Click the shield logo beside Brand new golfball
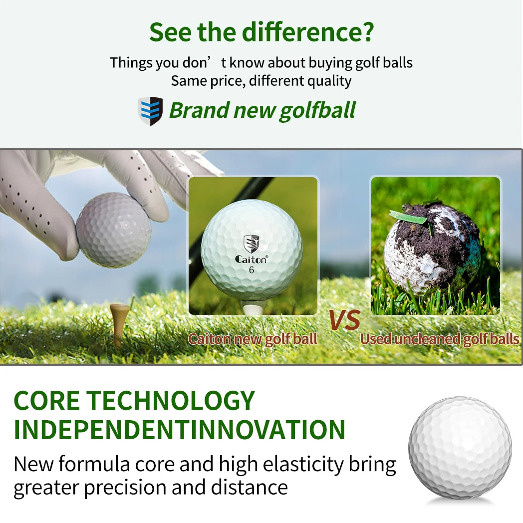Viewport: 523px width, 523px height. tap(150, 111)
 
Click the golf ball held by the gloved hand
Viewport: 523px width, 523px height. tap(113, 230)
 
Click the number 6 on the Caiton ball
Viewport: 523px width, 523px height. tap(251, 270)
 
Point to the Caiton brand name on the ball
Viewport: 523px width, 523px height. tap(251, 259)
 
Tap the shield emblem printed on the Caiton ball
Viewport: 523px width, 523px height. tap(252, 244)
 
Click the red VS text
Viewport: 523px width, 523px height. tap(344, 320)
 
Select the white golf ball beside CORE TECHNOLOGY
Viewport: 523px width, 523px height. tap(460, 448)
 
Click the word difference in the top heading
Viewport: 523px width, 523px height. tap(308, 31)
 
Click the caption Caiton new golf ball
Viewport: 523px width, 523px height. tap(253, 339)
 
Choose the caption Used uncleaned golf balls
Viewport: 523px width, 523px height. tap(440, 339)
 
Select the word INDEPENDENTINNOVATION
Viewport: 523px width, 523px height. tap(180, 429)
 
